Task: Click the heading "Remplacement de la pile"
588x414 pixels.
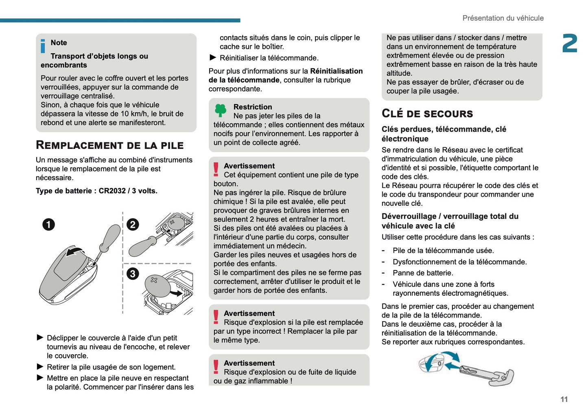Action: (109, 145)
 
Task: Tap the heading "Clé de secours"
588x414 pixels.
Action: (427, 113)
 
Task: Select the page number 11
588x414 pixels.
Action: (564, 399)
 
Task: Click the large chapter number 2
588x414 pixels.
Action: (569, 44)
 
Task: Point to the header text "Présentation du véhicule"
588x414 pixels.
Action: (503, 18)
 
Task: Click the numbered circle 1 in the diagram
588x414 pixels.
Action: (48, 224)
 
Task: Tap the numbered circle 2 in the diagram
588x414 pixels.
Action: (133, 224)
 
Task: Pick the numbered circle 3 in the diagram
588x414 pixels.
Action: (133, 274)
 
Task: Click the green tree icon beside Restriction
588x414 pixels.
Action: (221, 110)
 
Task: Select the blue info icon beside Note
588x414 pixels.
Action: (43, 46)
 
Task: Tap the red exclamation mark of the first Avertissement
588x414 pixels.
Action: (216, 169)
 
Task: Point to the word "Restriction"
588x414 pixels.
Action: (252, 107)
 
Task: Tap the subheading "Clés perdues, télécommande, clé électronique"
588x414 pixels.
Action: (444, 134)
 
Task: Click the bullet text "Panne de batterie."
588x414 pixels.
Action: (422, 273)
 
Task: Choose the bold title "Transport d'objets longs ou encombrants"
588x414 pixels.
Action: (94, 61)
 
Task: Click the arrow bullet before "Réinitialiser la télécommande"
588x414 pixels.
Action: (212, 58)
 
